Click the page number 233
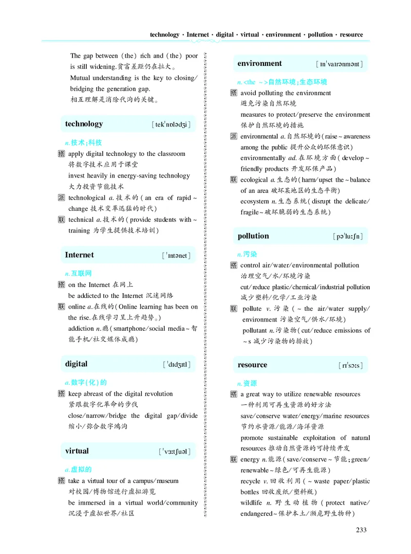pyautogui.click(x=362, y=530)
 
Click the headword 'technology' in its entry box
pyautogui.click(x=84, y=124)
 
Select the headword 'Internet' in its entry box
pyautogui.click(x=79, y=255)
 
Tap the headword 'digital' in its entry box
pyautogui.click(x=76, y=364)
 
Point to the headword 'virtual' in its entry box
pyautogui.click(x=77, y=451)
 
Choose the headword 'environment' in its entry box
pyautogui.click(x=259, y=64)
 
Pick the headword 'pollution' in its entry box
pyautogui.click(x=253, y=236)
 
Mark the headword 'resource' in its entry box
pyautogui.click(x=252, y=365)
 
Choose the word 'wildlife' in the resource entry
pyautogui.click(x=253, y=503)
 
